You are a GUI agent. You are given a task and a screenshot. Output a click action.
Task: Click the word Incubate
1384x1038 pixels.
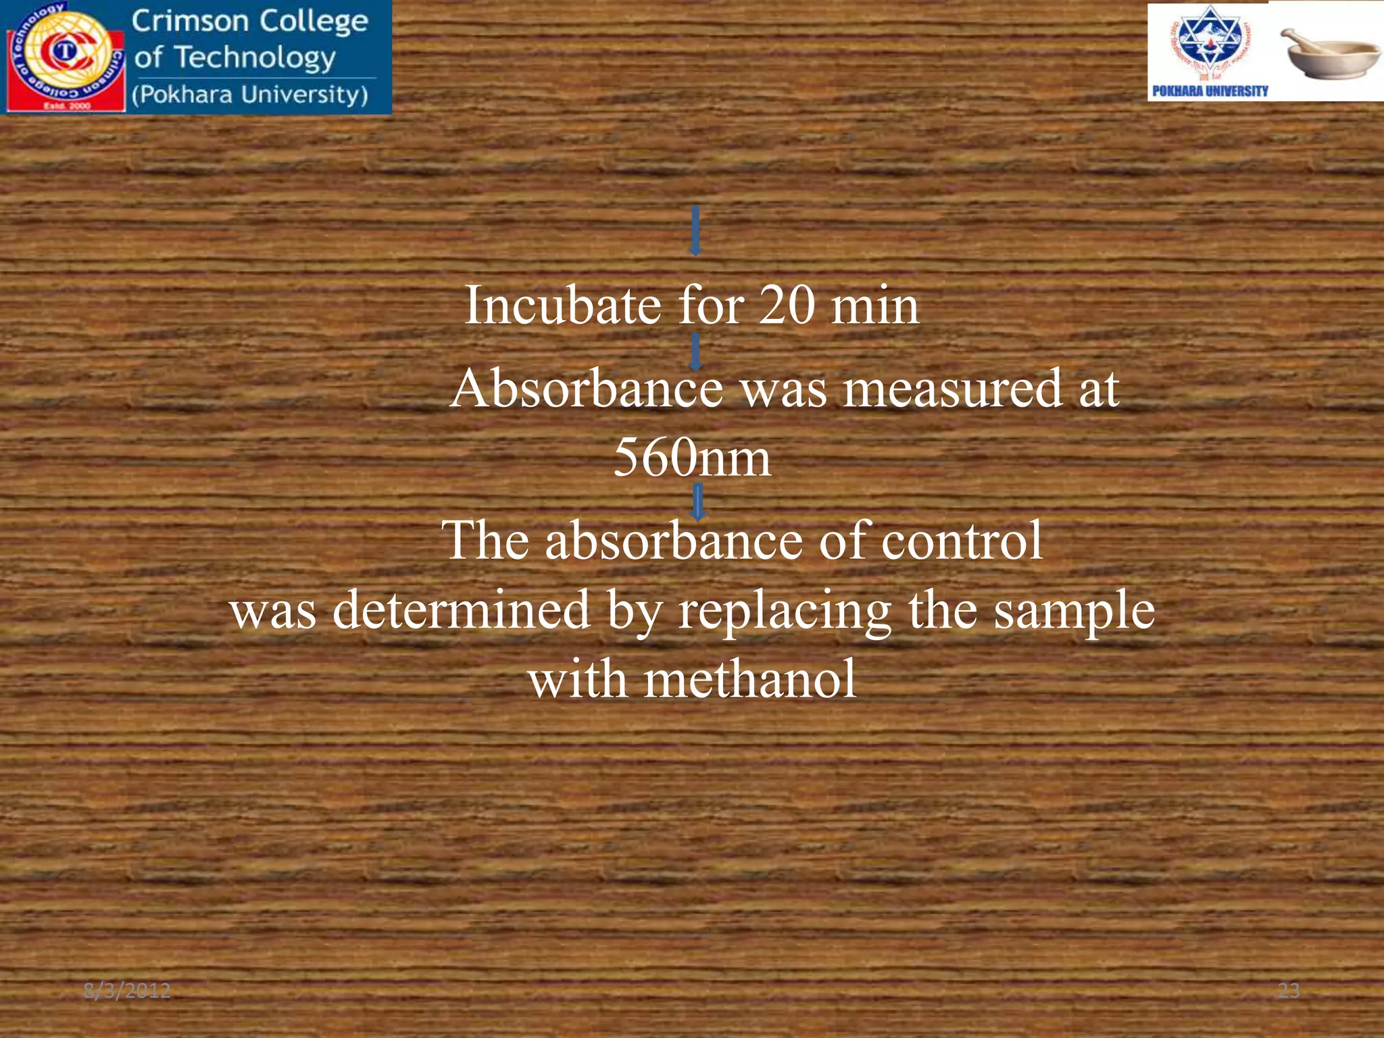[x=562, y=305]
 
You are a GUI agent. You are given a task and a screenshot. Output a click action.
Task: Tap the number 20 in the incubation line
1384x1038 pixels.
[x=787, y=305]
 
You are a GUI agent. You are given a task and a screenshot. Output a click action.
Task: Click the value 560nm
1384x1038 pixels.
[x=691, y=458]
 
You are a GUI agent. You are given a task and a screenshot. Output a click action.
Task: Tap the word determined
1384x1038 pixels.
[x=461, y=610]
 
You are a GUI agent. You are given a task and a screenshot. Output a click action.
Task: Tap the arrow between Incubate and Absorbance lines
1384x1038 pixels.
[x=695, y=351]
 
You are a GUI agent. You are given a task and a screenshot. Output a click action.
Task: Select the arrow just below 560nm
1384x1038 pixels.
[x=698, y=503]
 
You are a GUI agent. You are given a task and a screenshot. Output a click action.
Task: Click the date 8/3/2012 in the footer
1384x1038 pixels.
[x=127, y=991]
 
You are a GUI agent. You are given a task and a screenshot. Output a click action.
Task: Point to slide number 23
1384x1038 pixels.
[x=1288, y=991]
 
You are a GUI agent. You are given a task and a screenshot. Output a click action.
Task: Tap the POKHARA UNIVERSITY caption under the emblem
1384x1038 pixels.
[x=1210, y=91]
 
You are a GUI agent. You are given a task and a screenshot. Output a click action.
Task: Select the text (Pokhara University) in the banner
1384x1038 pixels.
[x=250, y=95]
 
